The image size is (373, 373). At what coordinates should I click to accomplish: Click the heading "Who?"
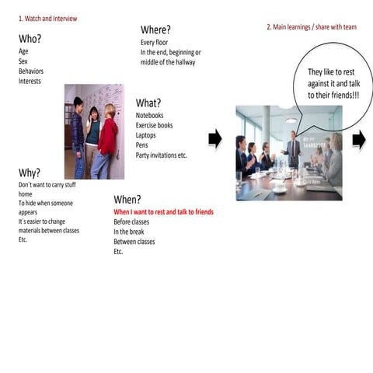coord(30,39)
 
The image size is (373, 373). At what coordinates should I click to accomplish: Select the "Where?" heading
coord(155,30)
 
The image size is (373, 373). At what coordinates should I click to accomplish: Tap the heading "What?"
coord(148,103)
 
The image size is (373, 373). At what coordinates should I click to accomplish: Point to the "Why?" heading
coord(30,173)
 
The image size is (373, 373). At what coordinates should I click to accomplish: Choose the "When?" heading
coord(127,200)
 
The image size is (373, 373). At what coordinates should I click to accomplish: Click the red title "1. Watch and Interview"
coord(48,19)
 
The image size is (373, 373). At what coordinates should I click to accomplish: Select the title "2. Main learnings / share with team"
coord(312,27)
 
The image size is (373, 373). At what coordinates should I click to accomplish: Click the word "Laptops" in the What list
coord(145,135)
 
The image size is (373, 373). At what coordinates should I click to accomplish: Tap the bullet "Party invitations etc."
coord(161,155)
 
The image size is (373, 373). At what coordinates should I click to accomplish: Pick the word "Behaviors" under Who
coord(31,71)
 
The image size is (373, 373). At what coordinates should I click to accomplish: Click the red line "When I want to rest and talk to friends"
coord(163,212)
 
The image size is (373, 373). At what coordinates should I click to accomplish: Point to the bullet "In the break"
coord(129,232)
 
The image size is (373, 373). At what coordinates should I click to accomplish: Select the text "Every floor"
coord(154,43)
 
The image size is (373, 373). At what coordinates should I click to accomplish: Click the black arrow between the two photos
coord(215,139)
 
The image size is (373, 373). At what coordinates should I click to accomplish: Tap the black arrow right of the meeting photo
coord(359,140)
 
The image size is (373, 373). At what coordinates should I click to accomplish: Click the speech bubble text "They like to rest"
coord(331,72)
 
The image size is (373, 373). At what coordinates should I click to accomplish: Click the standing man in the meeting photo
coord(292,149)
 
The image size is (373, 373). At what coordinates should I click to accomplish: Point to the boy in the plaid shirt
coord(78,138)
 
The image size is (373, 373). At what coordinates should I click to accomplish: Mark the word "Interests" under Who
coord(30,81)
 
